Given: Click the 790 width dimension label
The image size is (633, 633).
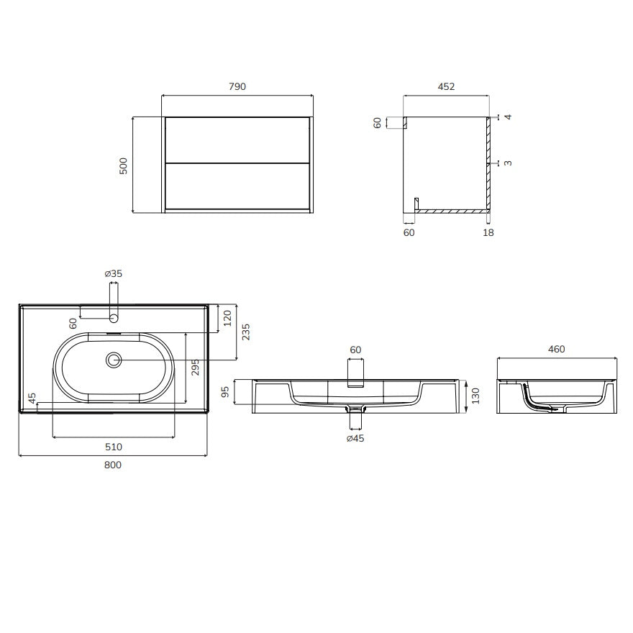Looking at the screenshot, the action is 237,86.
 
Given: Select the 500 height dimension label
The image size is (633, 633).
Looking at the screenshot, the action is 123,165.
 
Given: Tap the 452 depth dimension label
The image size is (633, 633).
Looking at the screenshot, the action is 446,86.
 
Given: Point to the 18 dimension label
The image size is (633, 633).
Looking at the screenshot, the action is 488,232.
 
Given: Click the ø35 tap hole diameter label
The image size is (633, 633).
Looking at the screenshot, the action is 114,273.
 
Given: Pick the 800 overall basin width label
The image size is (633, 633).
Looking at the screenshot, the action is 113,465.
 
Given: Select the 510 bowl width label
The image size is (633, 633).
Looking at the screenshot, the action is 114,447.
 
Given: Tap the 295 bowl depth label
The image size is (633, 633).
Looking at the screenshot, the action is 196,368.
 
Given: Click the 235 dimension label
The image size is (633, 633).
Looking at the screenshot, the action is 245,332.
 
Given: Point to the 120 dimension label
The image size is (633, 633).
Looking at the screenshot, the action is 227,318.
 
